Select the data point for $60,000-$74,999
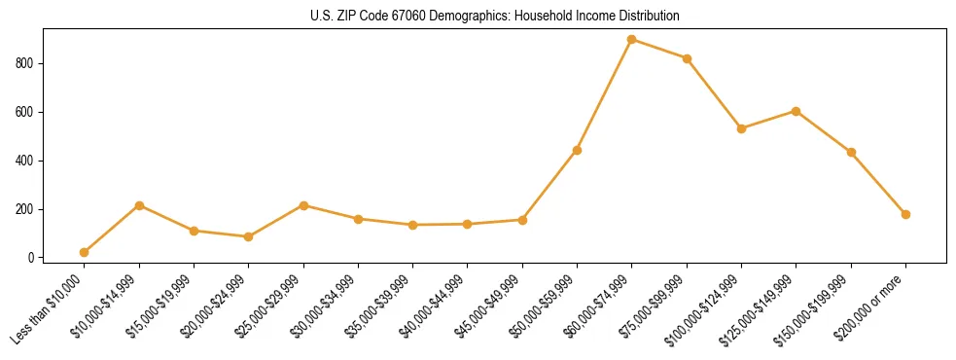(632, 40)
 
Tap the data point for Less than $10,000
(85, 252)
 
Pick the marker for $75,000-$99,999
(687, 58)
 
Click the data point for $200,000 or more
(905, 214)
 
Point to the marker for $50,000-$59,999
(577, 150)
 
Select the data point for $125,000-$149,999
(797, 111)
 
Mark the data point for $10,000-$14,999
(139, 205)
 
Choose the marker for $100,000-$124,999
(741, 128)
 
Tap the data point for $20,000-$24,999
(249, 236)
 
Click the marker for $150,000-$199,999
(851, 152)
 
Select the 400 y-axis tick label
(29, 161)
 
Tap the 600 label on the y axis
(29, 112)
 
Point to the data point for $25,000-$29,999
(303, 205)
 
